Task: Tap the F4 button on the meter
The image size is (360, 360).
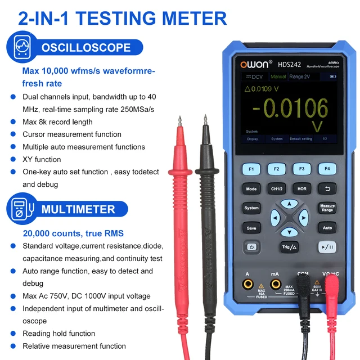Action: point(327,168)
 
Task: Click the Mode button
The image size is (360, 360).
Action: point(251,189)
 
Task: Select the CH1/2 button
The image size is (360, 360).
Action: point(277,189)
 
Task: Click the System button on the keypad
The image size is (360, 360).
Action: point(251,208)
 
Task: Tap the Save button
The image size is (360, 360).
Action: point(251,228)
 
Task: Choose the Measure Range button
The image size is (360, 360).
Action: point(327,208)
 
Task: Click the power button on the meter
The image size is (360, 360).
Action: point(251,247)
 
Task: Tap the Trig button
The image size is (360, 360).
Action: point(289,247)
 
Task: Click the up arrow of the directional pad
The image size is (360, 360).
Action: point(289,204)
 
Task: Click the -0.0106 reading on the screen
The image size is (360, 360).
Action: point(290,107)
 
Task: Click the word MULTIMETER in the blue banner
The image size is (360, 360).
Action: point(78,209)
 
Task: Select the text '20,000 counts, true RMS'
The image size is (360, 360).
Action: point(73,233)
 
